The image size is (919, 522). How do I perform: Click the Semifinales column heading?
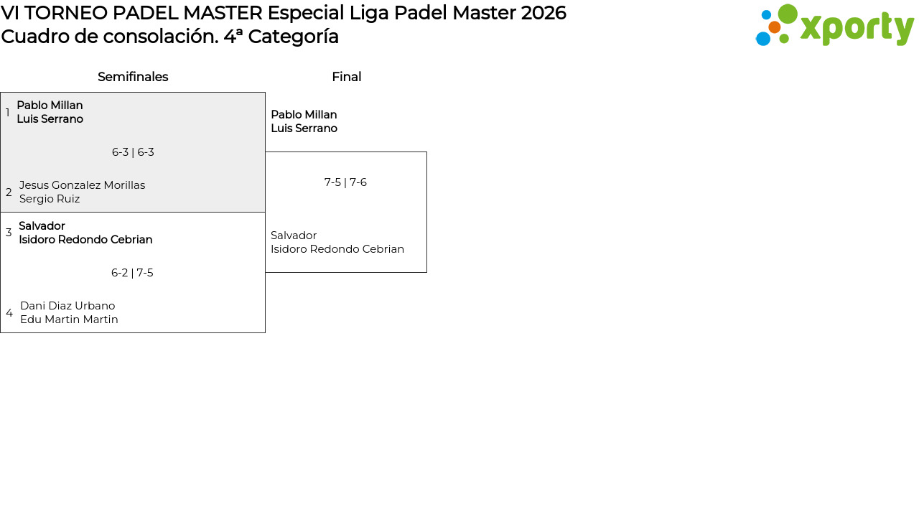click(133, 77)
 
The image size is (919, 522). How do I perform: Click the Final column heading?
click(347, 77)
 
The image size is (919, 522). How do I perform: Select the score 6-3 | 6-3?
click(133, 152)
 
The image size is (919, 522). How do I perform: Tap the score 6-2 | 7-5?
click(132, 273)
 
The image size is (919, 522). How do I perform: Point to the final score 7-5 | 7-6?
click(345, 182)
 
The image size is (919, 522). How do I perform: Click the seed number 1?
click(7, 113)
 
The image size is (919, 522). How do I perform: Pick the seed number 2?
click(9, 192)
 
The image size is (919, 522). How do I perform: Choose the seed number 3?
click(9, 233)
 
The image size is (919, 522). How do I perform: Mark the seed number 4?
click(9, 313)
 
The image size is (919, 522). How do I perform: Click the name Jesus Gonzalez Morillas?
click(82, 185)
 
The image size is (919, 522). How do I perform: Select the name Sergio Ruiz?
click(50, 199)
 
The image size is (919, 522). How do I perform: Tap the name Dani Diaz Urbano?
click(67, 306)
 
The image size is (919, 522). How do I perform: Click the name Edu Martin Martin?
click(69, 320)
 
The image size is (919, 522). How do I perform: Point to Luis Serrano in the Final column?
click(304, 129)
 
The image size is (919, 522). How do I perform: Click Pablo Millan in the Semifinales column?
click(50, 106)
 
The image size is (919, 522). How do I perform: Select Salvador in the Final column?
click(294, 236)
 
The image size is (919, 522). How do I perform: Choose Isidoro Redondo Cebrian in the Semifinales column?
click(85, 240)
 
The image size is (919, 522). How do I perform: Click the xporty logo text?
click(857, 28)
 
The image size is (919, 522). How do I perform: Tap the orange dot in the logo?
click(774, 27)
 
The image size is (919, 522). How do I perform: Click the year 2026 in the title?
click(544, 13)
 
